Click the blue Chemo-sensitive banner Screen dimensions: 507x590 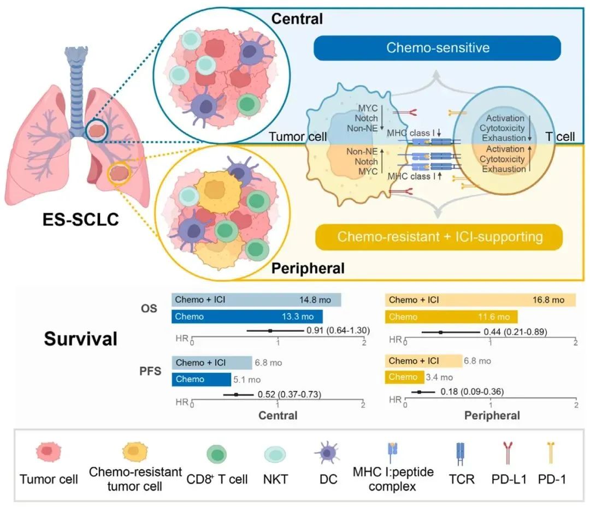pyautogui.click(x=437, y=48)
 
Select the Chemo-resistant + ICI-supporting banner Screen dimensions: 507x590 pyautogui.click(x=439, y=237)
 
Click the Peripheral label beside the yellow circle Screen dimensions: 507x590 pyautogui.click(x=309, y=268)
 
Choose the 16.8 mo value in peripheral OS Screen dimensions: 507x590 pyautogui.click(x=548, y=300)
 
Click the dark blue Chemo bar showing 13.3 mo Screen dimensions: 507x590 pyautogui.click(x=247, y=317)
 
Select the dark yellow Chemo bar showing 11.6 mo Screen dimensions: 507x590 pyautogui.click(x=451, y=317)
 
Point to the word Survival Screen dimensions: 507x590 pyautogui.click(x=81, y=339)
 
